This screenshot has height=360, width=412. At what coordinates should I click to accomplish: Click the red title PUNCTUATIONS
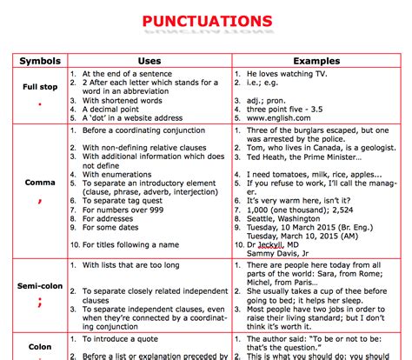[x=206, y=20]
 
